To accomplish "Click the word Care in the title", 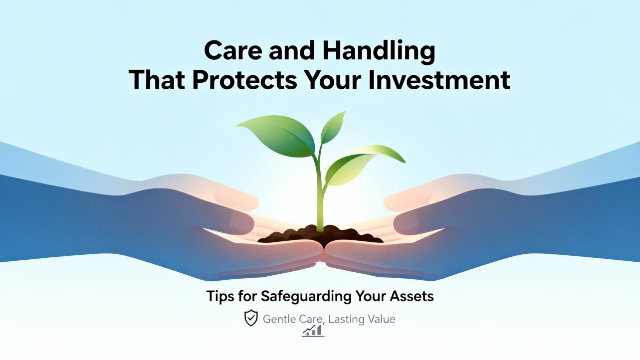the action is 233,50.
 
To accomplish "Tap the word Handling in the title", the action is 379,51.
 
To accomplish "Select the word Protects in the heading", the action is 245,80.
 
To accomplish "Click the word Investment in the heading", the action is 439,80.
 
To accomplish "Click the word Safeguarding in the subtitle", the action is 306,296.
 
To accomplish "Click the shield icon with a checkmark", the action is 251,318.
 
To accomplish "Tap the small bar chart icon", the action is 313,332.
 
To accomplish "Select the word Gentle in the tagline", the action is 279,319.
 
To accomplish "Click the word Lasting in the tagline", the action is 344,320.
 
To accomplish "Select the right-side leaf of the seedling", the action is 363,164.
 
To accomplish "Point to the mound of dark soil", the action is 320,235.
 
